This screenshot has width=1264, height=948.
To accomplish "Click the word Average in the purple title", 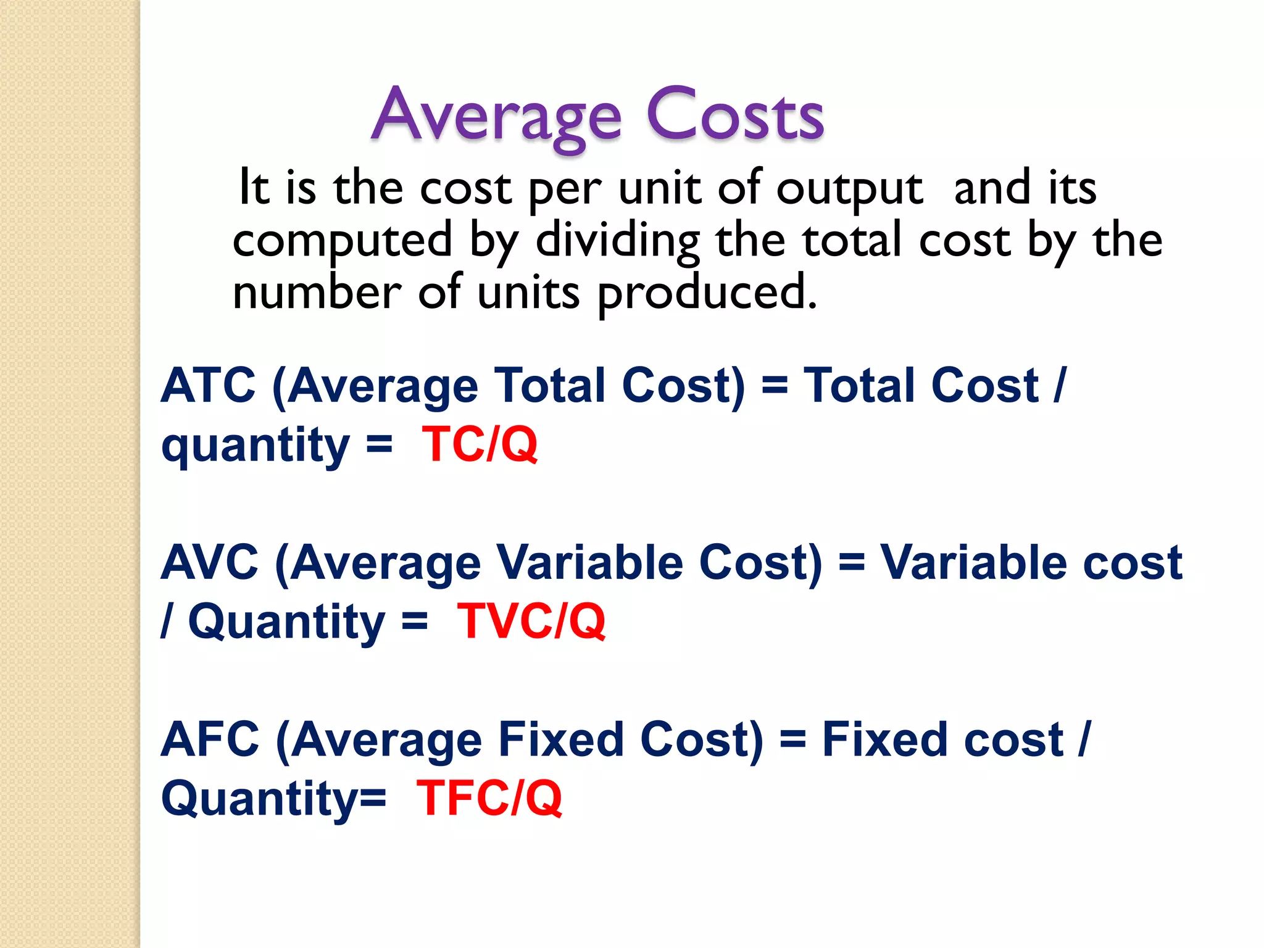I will [x=497, y=116].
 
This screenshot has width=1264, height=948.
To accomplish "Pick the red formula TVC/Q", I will [x=531, y=621].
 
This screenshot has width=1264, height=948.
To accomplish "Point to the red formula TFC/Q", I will [x=489, y=798].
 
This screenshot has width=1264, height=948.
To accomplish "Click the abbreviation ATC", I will [x=208, y=386].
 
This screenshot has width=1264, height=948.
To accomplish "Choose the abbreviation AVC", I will [x=209, y=563].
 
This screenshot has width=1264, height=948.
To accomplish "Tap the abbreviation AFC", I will [x=210, y=739].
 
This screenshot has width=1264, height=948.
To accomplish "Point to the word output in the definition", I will [x=849, y=188].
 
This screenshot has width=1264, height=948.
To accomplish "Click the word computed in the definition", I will [x=343, y=241].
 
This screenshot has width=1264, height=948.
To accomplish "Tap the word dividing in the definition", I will [x=618, y=241].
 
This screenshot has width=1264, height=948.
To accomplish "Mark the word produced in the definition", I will [x=707, y=293].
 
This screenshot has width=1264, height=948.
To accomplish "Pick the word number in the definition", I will [x=317, y=292].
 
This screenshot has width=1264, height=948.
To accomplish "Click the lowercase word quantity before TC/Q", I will [x=256, y=446].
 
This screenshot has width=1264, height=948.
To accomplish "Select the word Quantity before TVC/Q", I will [x=286, y=622].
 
